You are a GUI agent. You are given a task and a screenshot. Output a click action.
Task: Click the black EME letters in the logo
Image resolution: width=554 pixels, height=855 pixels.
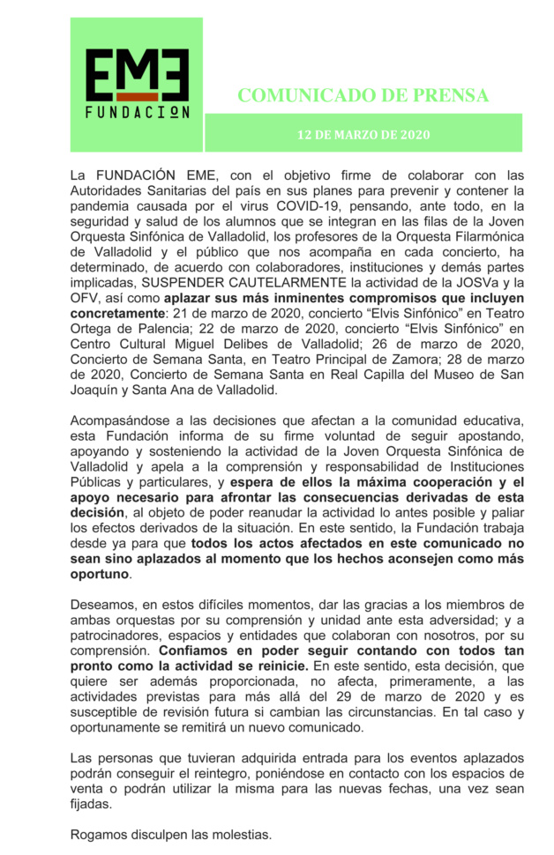click(137, 74)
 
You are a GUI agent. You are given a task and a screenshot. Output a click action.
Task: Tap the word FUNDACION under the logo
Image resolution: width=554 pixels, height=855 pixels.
click(137, 112)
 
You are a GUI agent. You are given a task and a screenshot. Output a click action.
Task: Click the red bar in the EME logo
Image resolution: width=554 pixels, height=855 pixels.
click(136, 95)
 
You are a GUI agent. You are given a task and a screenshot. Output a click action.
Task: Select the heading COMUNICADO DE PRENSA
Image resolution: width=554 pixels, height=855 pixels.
click(363, 95)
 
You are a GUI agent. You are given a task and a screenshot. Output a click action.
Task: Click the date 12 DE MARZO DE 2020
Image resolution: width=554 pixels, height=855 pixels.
click(363, 135)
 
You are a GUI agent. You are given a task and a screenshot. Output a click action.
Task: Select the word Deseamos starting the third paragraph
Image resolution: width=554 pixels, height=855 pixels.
click(105, 606)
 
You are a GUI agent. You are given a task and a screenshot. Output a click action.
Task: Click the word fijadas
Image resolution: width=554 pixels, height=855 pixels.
click(92, 805)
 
